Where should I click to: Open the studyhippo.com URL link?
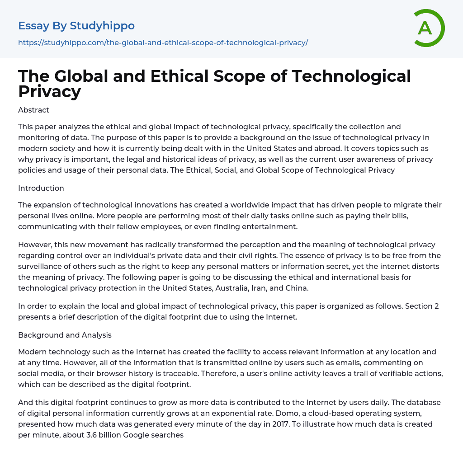(x=163, y=42)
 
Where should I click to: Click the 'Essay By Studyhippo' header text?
(x=76, y=26)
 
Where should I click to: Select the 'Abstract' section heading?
(x=33, y=110)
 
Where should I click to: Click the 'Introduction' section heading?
(x=41, y=188)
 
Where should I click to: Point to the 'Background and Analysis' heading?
(x=65, y=335)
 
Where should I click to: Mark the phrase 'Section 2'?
(x=422, y=306)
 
